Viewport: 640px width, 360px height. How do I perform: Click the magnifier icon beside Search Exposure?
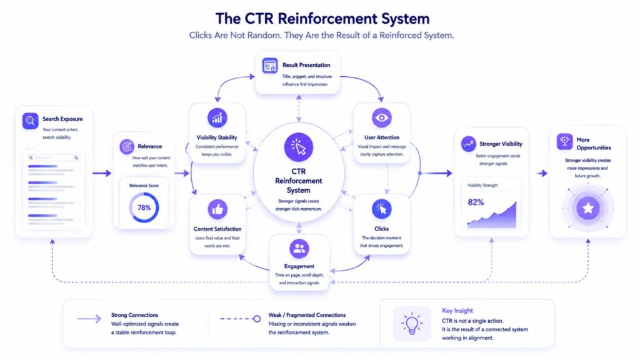30,121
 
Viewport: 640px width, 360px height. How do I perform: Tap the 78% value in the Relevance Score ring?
144,207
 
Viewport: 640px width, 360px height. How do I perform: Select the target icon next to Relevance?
127,146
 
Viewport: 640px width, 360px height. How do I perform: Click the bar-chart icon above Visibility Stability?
217,118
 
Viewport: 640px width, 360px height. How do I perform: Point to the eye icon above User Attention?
382,117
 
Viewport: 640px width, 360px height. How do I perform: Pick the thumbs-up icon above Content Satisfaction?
217,209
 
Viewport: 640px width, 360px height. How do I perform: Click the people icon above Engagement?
299,249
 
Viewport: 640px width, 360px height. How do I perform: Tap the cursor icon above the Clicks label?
382,209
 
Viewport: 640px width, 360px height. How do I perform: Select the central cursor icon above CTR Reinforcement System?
299,147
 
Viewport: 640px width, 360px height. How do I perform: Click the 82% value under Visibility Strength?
476,202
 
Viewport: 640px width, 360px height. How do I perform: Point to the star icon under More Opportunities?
588,208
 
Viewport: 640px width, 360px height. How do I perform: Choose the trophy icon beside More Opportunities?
564,142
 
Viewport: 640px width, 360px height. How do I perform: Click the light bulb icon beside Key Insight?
412,324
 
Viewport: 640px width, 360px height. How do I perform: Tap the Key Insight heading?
457,311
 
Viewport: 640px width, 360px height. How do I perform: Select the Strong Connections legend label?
135,315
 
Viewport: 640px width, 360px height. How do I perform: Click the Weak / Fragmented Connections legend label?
307,315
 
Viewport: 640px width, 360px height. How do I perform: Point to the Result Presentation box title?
306,65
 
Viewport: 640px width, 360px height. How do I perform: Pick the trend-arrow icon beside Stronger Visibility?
469,144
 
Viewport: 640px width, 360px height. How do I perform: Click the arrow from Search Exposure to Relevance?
102,173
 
